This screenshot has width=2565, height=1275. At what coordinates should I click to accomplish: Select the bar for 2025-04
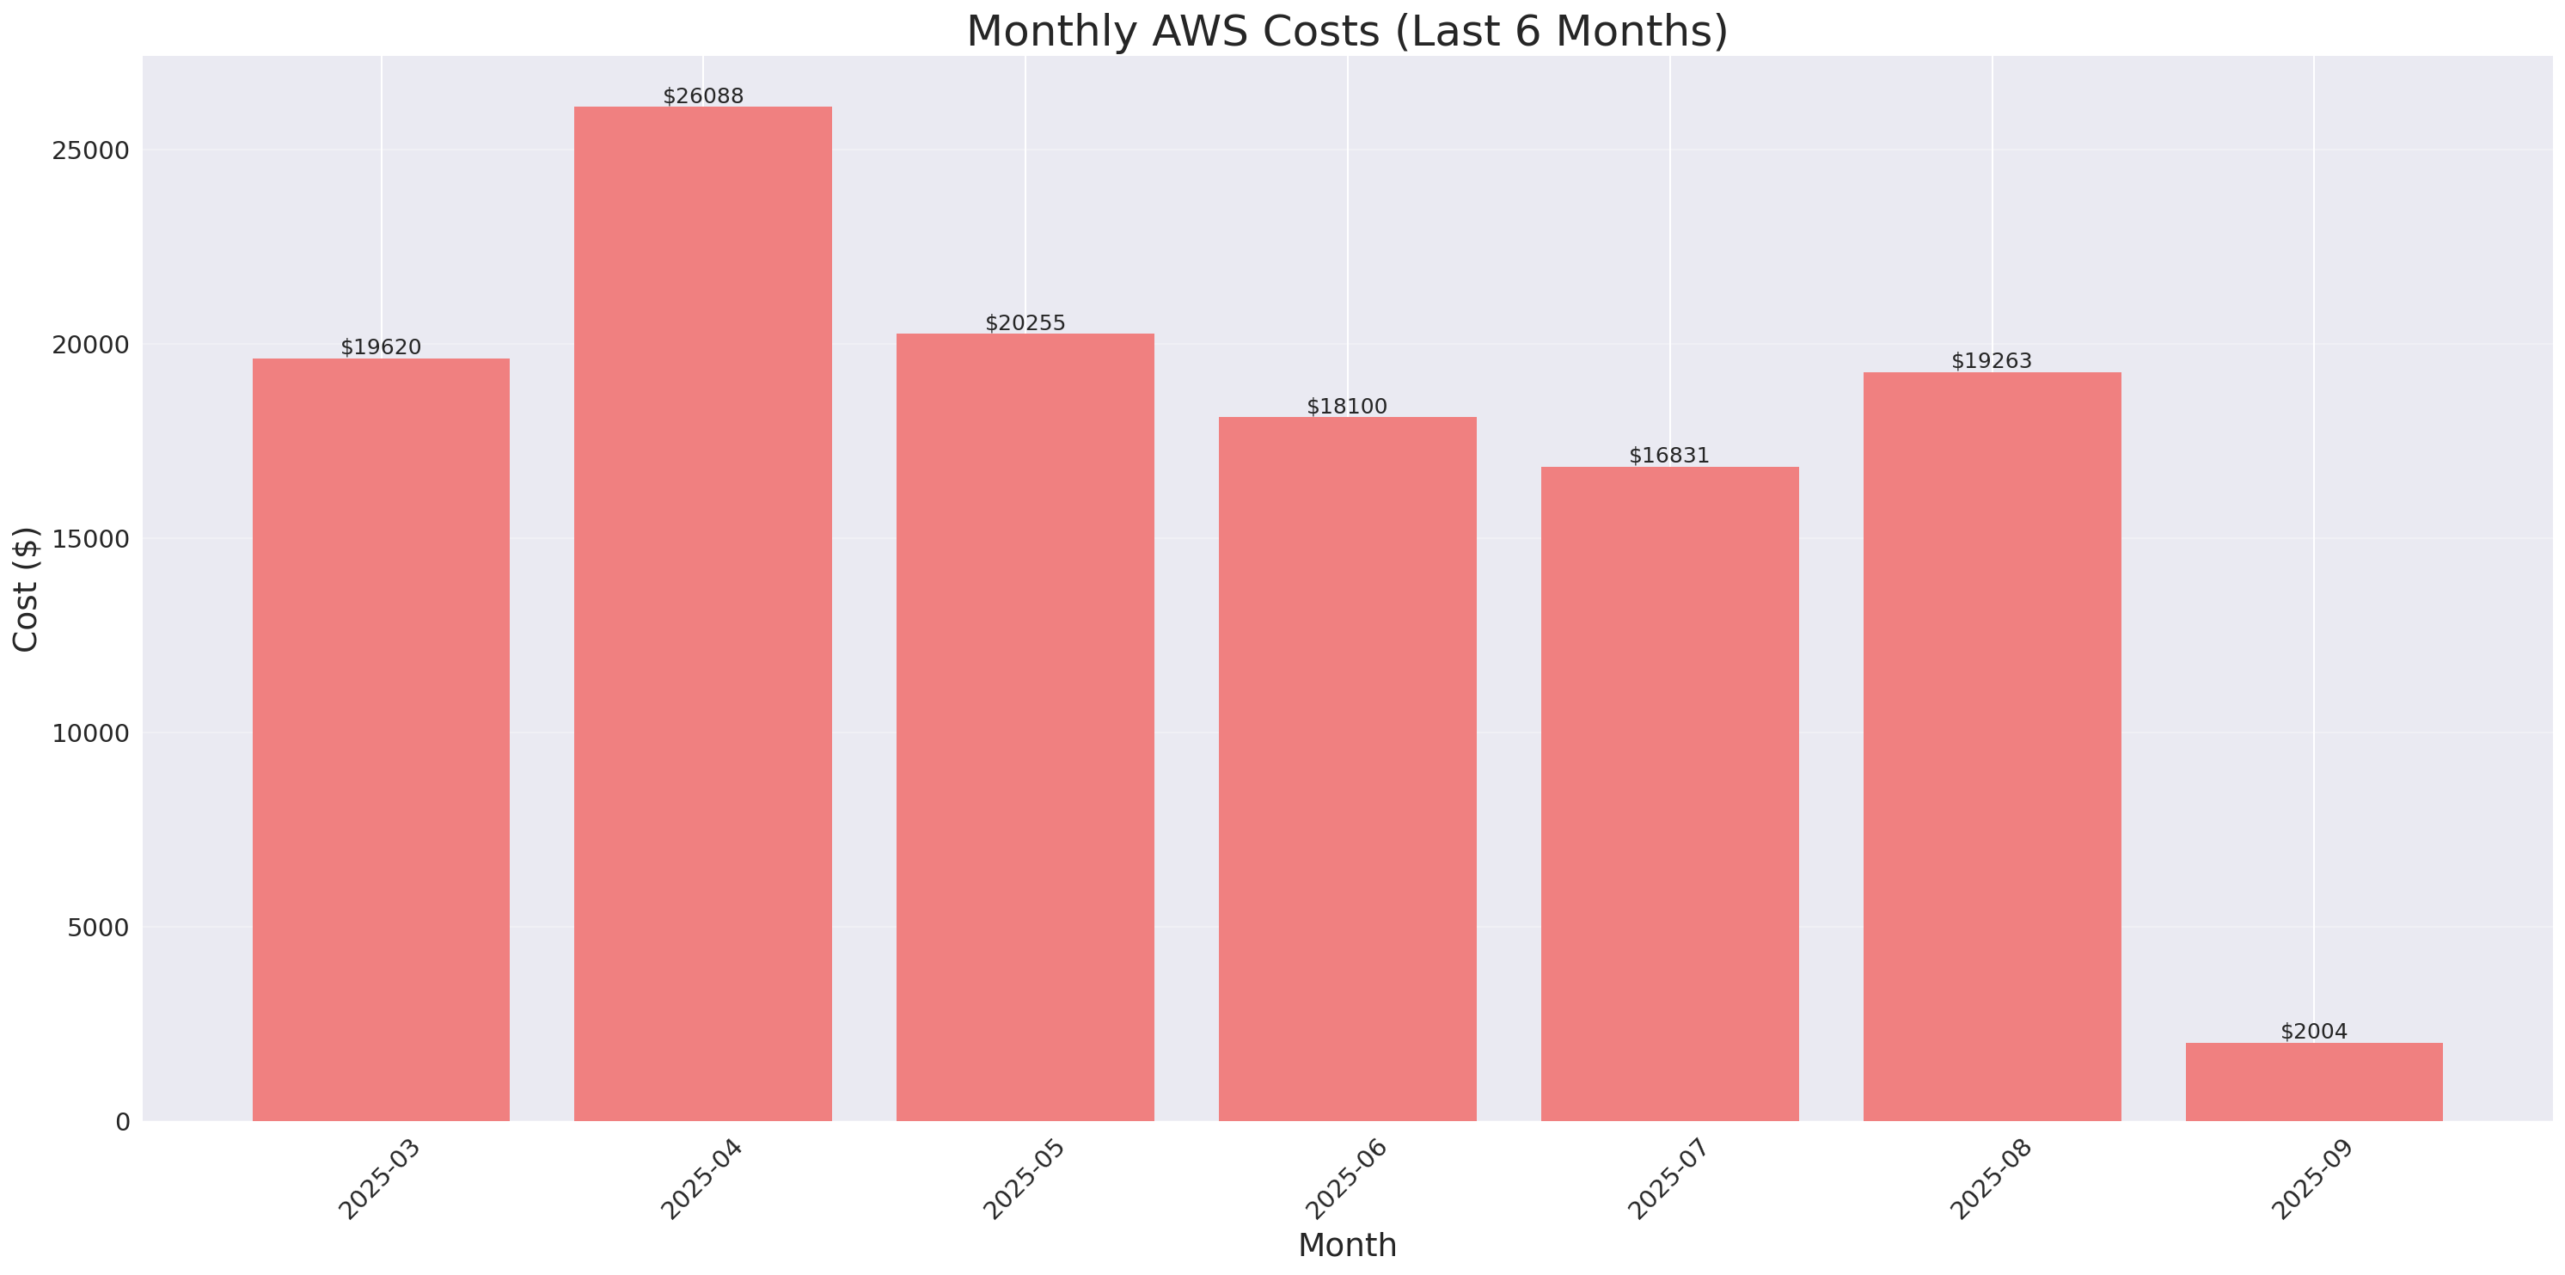[703, 614]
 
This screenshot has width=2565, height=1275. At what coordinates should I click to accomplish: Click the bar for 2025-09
[2314, 1082]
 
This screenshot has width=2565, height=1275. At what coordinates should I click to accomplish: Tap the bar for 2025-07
[1670, 794]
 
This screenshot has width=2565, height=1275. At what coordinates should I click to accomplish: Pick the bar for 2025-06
[1347, 769]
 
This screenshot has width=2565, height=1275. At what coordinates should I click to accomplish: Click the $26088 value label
[703, 96]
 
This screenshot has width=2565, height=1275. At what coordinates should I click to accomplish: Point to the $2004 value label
[2314, 1032]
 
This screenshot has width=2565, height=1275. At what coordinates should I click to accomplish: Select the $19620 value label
[381, 347]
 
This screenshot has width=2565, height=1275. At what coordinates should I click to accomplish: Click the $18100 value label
[1346, 407]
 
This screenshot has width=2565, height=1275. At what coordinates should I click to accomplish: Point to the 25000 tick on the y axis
[90, 150]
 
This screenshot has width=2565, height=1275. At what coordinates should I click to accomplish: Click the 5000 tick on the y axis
[98, 928]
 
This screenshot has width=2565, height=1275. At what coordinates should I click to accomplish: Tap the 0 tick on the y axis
[122, 1123]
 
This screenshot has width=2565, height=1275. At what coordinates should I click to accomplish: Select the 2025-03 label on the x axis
[379, 1180]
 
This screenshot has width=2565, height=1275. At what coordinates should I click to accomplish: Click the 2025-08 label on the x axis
[1991, 1180]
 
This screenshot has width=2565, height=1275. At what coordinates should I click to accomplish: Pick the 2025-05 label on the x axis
[1024, 1180]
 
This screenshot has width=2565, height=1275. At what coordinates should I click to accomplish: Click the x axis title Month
[1347, 1245]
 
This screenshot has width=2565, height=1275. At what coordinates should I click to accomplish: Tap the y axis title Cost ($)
[25, 590]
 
